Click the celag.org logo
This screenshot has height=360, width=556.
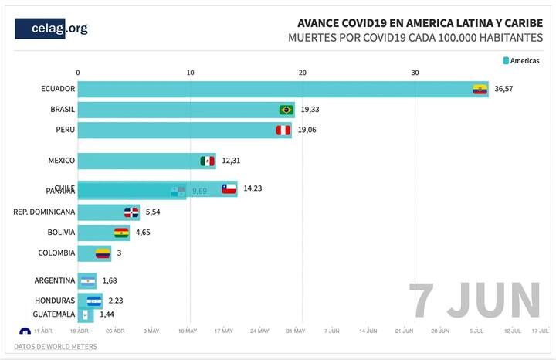point(52,29)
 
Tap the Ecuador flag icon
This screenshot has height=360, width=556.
point(480,90)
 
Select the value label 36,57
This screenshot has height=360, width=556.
point(503,90)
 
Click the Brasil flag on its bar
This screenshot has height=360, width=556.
point(286,110)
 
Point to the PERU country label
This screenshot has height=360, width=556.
point(65,130)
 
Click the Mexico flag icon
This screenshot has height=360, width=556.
point(208,161)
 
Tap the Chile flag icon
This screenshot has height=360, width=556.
point(229,188)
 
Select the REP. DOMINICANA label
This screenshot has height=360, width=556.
point(45,212)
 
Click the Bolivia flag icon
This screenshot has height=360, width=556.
point(121,232)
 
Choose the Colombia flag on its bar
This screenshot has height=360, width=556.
point(103,253)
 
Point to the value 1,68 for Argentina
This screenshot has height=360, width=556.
point(110,280)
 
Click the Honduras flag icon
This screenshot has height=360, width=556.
point(93,301)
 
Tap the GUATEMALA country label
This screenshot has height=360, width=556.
point(54,314)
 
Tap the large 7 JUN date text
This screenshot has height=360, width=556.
point(474,300)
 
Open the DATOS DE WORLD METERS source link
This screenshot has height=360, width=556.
point(56,347)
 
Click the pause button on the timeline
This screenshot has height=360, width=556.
point(24,332)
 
